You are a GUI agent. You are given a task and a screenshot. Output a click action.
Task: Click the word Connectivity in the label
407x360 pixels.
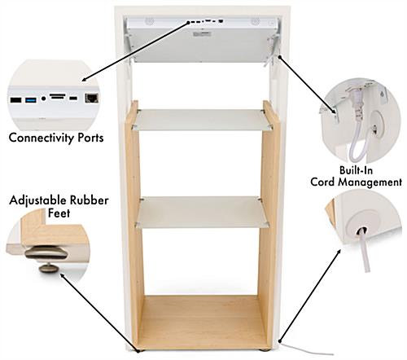(42, 138)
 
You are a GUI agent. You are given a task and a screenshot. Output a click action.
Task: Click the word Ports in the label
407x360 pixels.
(90, 138)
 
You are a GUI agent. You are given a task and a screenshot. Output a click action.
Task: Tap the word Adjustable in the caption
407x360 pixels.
(37, 201)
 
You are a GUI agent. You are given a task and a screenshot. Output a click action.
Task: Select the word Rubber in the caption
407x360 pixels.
(90, 200)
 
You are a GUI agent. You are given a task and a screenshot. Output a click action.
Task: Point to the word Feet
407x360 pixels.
(59, 213)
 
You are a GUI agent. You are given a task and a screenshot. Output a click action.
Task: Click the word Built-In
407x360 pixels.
(356, 170)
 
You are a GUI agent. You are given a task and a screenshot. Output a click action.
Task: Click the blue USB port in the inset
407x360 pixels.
(31, 100)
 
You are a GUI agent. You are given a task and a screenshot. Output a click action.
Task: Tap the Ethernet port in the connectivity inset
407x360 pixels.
(92, 98)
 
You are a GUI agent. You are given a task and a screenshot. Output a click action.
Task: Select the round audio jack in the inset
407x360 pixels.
(43, 99)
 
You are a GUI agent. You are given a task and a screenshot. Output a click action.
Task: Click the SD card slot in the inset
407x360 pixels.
(58, 96)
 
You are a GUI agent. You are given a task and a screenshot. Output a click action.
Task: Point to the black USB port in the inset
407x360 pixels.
(15, 100)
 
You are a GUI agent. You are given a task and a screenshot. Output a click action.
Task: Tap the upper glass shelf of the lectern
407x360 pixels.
(201, 120)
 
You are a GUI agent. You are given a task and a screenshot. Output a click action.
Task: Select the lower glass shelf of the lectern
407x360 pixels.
(202, 213)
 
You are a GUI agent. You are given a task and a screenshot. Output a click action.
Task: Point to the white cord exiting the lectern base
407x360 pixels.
(307, 349)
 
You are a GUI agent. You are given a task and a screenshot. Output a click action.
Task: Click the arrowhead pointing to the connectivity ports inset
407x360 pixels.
(85, 80)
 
